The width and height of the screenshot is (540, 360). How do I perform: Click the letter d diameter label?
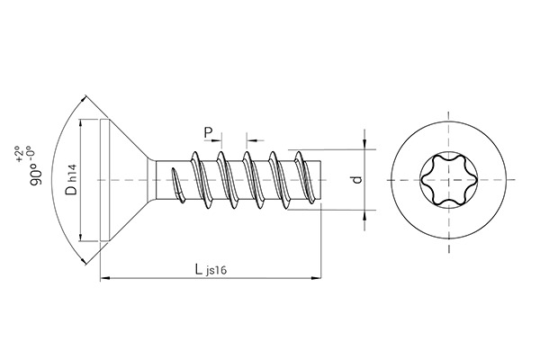357,180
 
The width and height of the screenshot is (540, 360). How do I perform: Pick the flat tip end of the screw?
321,180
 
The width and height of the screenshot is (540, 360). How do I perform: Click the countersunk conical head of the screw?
126,180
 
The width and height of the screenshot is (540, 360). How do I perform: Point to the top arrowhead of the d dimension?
366,144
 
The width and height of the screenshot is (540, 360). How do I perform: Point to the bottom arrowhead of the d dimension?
366,215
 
